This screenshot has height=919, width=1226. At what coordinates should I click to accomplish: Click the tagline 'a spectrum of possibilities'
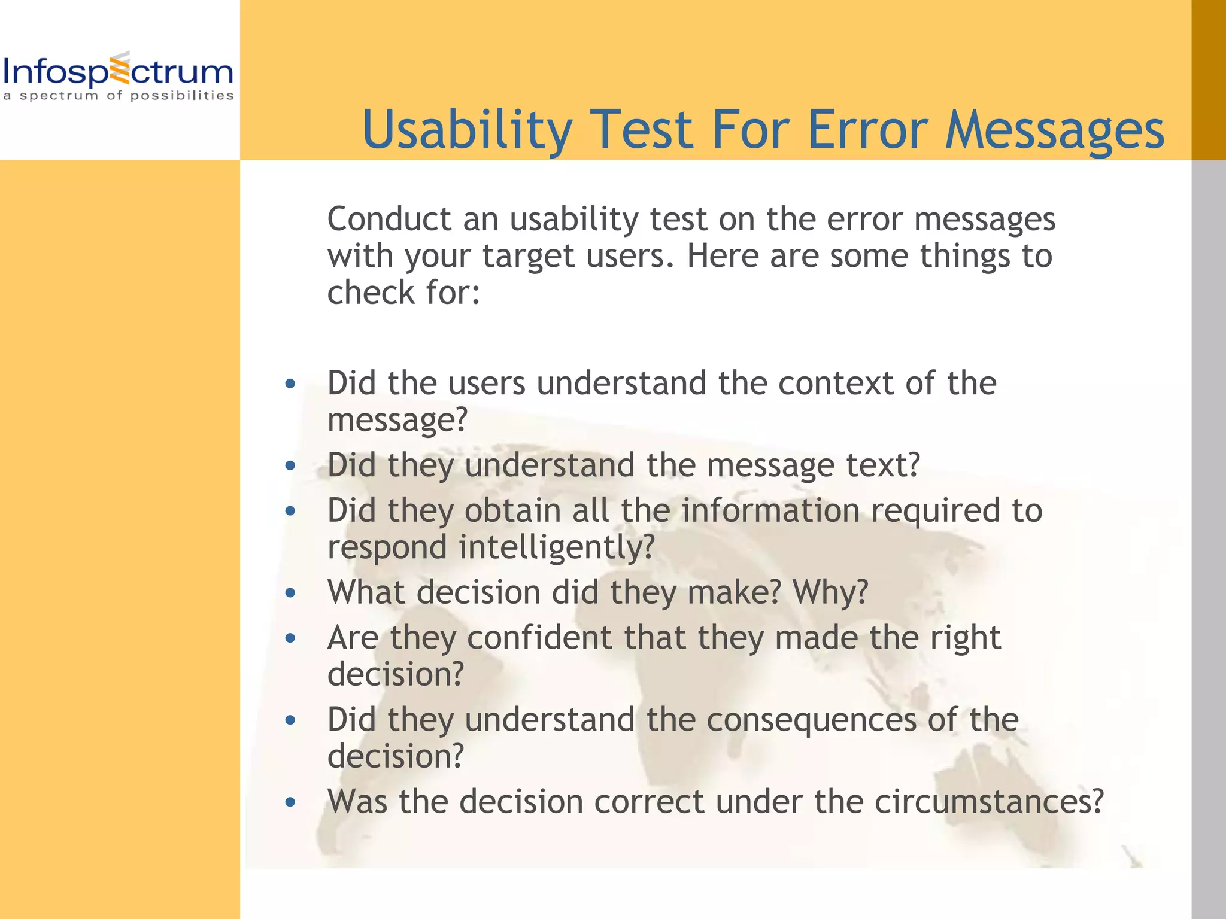click(118, 96)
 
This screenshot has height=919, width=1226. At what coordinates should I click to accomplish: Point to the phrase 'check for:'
click(403, 293)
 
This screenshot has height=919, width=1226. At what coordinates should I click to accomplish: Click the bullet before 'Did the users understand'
click(290, 384)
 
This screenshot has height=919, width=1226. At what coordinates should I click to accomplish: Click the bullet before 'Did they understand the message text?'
click(290, 465)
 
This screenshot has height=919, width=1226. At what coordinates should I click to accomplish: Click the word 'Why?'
click(830, 592)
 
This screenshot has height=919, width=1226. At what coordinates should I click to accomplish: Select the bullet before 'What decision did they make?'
click(290, 593)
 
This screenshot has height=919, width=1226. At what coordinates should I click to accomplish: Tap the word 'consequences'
click(811, 720)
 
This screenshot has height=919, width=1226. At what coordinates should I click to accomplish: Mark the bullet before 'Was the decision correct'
click(290, 802)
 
